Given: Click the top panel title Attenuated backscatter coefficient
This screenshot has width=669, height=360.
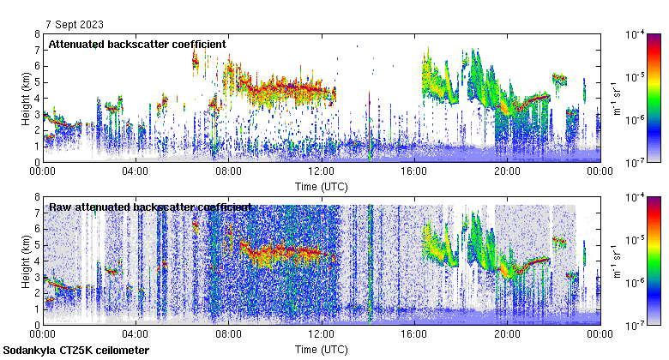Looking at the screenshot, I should point(137,44).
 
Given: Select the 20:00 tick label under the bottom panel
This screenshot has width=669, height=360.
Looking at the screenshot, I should point(507,334).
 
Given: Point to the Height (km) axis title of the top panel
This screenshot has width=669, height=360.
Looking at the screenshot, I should point(26,98).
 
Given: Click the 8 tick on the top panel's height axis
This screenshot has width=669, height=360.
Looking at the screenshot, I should point(36,34).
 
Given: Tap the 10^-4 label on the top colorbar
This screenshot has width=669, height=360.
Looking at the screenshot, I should point(636,34).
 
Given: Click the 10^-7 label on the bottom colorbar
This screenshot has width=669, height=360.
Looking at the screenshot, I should point(636,325).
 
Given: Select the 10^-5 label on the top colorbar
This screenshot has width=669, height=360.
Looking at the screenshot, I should point(636,77).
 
